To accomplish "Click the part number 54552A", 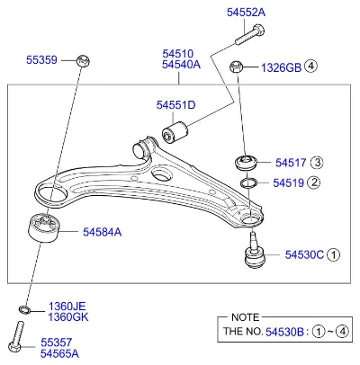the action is tap(246, 13).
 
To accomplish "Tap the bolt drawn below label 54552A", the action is tap(249, 35).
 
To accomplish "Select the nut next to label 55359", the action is tap(84, 61).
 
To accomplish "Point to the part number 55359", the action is tap(41, 60).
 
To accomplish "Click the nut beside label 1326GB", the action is tap(236, 67).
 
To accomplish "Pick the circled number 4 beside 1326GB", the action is tap(310, 66).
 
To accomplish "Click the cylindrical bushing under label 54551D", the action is tap(175, 132).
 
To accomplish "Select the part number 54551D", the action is tap(175, 105).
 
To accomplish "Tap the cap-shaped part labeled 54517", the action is tap(246, 163).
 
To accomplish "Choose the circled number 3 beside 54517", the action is tap(317, 163).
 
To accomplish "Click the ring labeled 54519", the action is tap(248, 182).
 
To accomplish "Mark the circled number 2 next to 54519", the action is tap(314, 182).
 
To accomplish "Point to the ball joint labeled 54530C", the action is tap(255, 251).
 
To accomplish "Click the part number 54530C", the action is tap(304, 254).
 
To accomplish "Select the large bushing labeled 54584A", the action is tap(44, 227).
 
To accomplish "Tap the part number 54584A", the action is tap(103, 232).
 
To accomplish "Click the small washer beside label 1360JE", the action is tap(24, 309).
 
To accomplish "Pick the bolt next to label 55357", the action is tap(16, 337).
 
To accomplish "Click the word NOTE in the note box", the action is tap(245, 317).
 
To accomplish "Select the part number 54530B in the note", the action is tap(284, 332).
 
